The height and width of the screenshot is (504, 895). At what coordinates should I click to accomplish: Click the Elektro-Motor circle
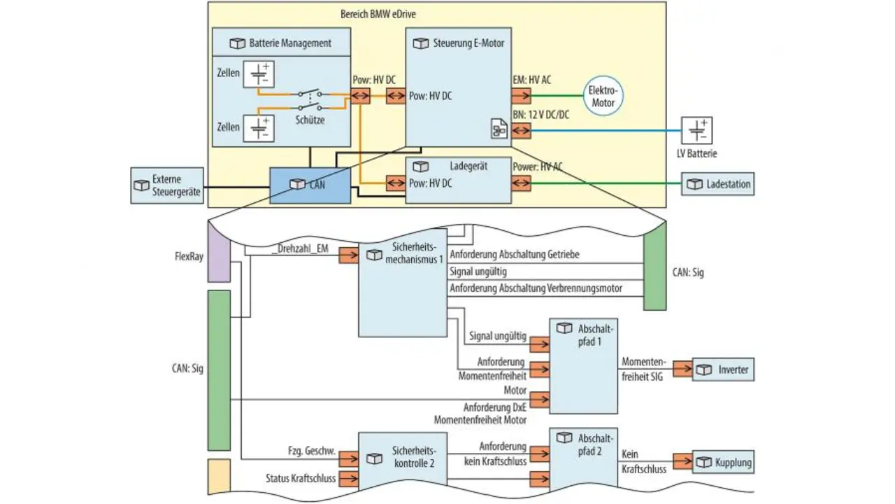tap(603, 97)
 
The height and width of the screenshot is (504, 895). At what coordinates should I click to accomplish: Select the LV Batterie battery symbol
tap(696, 131)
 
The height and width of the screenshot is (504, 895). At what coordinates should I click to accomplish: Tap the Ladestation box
tap(718, 184)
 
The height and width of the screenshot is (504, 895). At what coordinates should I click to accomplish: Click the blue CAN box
tap(310, 185)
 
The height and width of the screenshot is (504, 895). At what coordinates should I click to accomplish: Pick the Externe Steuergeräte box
tap(167, 185)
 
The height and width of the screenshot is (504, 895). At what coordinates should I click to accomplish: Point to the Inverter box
tap(724, 370)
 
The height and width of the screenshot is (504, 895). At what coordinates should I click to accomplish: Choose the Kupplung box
tap(724, 462)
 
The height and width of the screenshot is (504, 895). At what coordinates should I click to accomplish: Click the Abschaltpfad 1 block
tap(584, 365)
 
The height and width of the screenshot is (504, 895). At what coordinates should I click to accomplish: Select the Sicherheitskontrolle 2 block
tap(403, 458)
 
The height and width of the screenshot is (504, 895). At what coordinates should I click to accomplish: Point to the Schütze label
tap(310, 120)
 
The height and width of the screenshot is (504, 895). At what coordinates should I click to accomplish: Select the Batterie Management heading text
tap(290, 43)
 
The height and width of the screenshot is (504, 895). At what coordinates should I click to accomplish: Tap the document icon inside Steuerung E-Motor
tap(499, 129)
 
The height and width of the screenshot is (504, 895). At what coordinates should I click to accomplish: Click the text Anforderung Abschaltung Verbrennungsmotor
tap(536, 288)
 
